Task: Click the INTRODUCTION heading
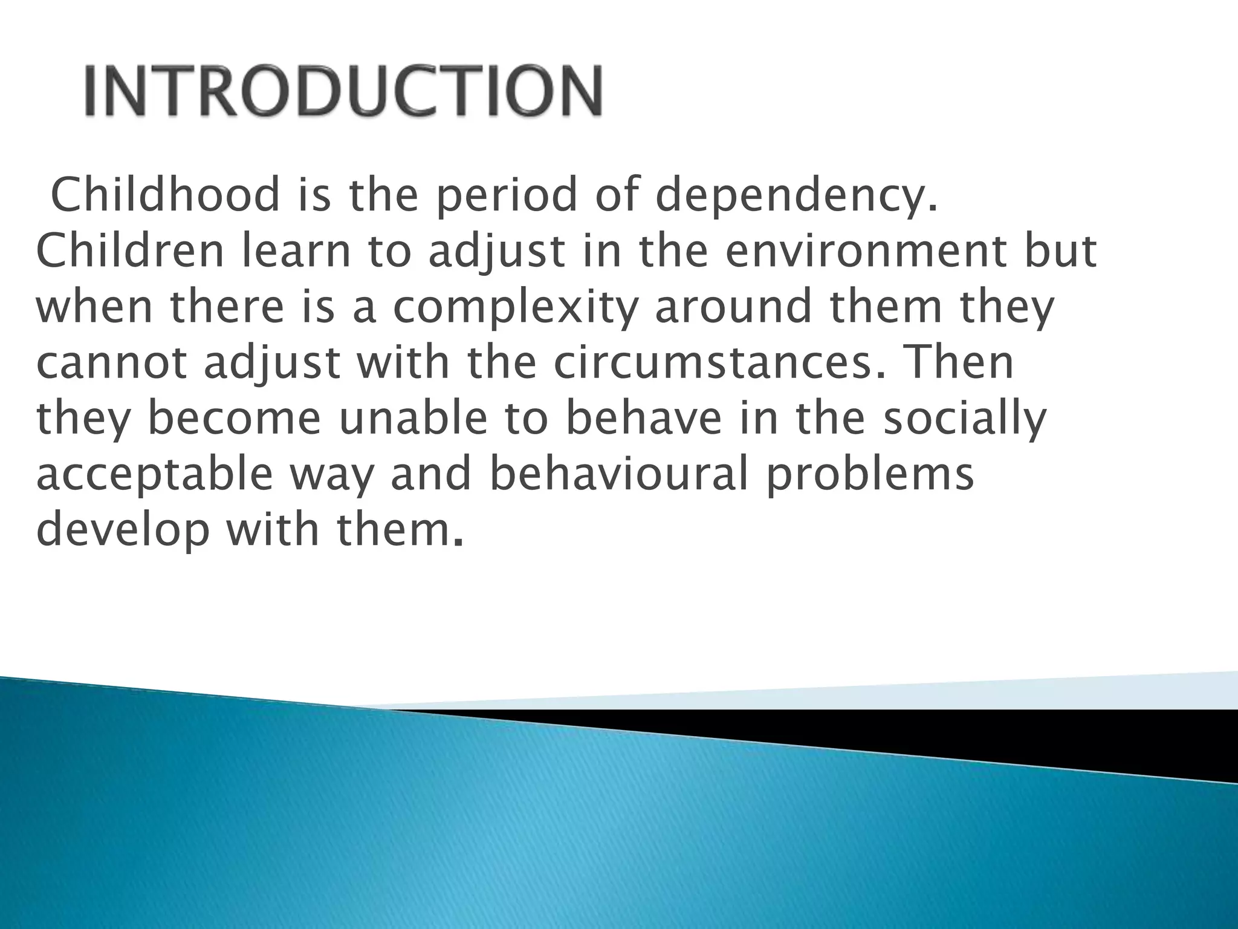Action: [x=343, y=91]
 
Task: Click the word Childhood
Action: [x=166, y=195]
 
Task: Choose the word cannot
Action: [x=112, y=363]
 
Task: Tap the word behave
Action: [x=644, y=419]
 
